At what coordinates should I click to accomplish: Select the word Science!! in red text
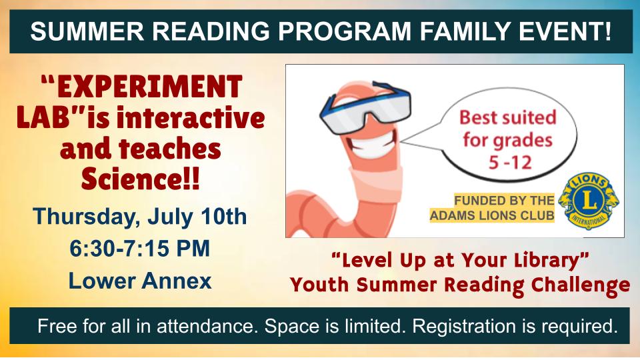click(141, 179)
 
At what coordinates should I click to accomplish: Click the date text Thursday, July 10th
click(140, 216)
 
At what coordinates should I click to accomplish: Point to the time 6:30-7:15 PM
click(139, 248)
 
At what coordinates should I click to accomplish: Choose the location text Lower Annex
click(140, 281)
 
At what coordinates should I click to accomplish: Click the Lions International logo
click(588, 201)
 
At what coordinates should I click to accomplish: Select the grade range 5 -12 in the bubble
click(510, 163)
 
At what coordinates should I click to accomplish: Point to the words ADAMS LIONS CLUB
click(492, 215)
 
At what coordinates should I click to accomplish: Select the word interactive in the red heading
click(190, 117)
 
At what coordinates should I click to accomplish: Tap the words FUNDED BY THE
click(504, 201)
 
